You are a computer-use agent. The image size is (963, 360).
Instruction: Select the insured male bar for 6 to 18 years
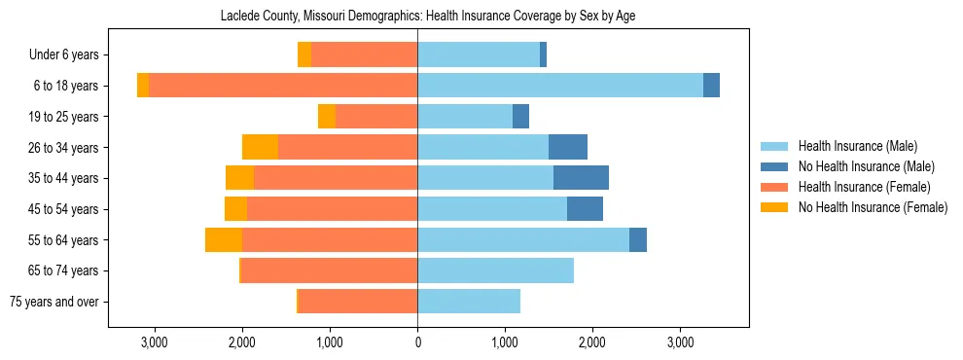click(559, 86)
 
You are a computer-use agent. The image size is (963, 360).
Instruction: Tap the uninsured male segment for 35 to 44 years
click(581, 178)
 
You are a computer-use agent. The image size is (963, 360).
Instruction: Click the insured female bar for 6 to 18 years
click(282, 86)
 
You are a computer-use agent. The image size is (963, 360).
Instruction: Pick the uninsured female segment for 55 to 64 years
click(224, 239)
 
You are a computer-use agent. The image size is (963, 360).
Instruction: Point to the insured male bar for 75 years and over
click(469, 302)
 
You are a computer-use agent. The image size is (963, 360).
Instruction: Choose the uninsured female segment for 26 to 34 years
click(260, 147)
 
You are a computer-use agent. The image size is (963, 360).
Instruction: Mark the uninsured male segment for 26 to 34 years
click(568, 147)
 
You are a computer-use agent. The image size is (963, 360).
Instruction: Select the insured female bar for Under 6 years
click(364, 54)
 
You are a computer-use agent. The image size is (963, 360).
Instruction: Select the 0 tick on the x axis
click(417, 342)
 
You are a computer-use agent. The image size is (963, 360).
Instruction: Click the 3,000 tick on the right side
click(680, 342)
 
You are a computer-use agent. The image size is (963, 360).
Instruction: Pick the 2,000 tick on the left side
click(242, 342)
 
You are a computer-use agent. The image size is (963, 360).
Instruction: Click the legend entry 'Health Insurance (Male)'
click(857, 146)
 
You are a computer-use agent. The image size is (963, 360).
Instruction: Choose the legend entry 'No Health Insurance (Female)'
click(873, 207)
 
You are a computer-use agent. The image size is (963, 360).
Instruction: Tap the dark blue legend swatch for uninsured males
click(774, 166)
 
